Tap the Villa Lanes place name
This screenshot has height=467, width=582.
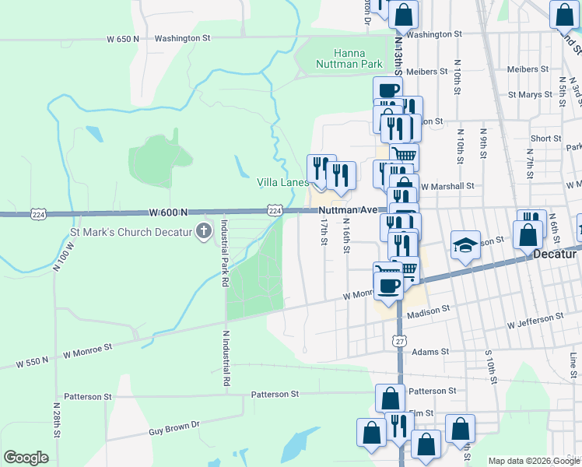pos(283,182)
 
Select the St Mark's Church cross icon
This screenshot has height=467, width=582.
pos(203,230)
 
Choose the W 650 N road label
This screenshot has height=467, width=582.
pos(123,38)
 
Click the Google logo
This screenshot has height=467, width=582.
pos(26,458)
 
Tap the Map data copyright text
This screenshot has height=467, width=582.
pos(535,461)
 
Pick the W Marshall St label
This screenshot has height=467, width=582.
pos(447,187)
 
